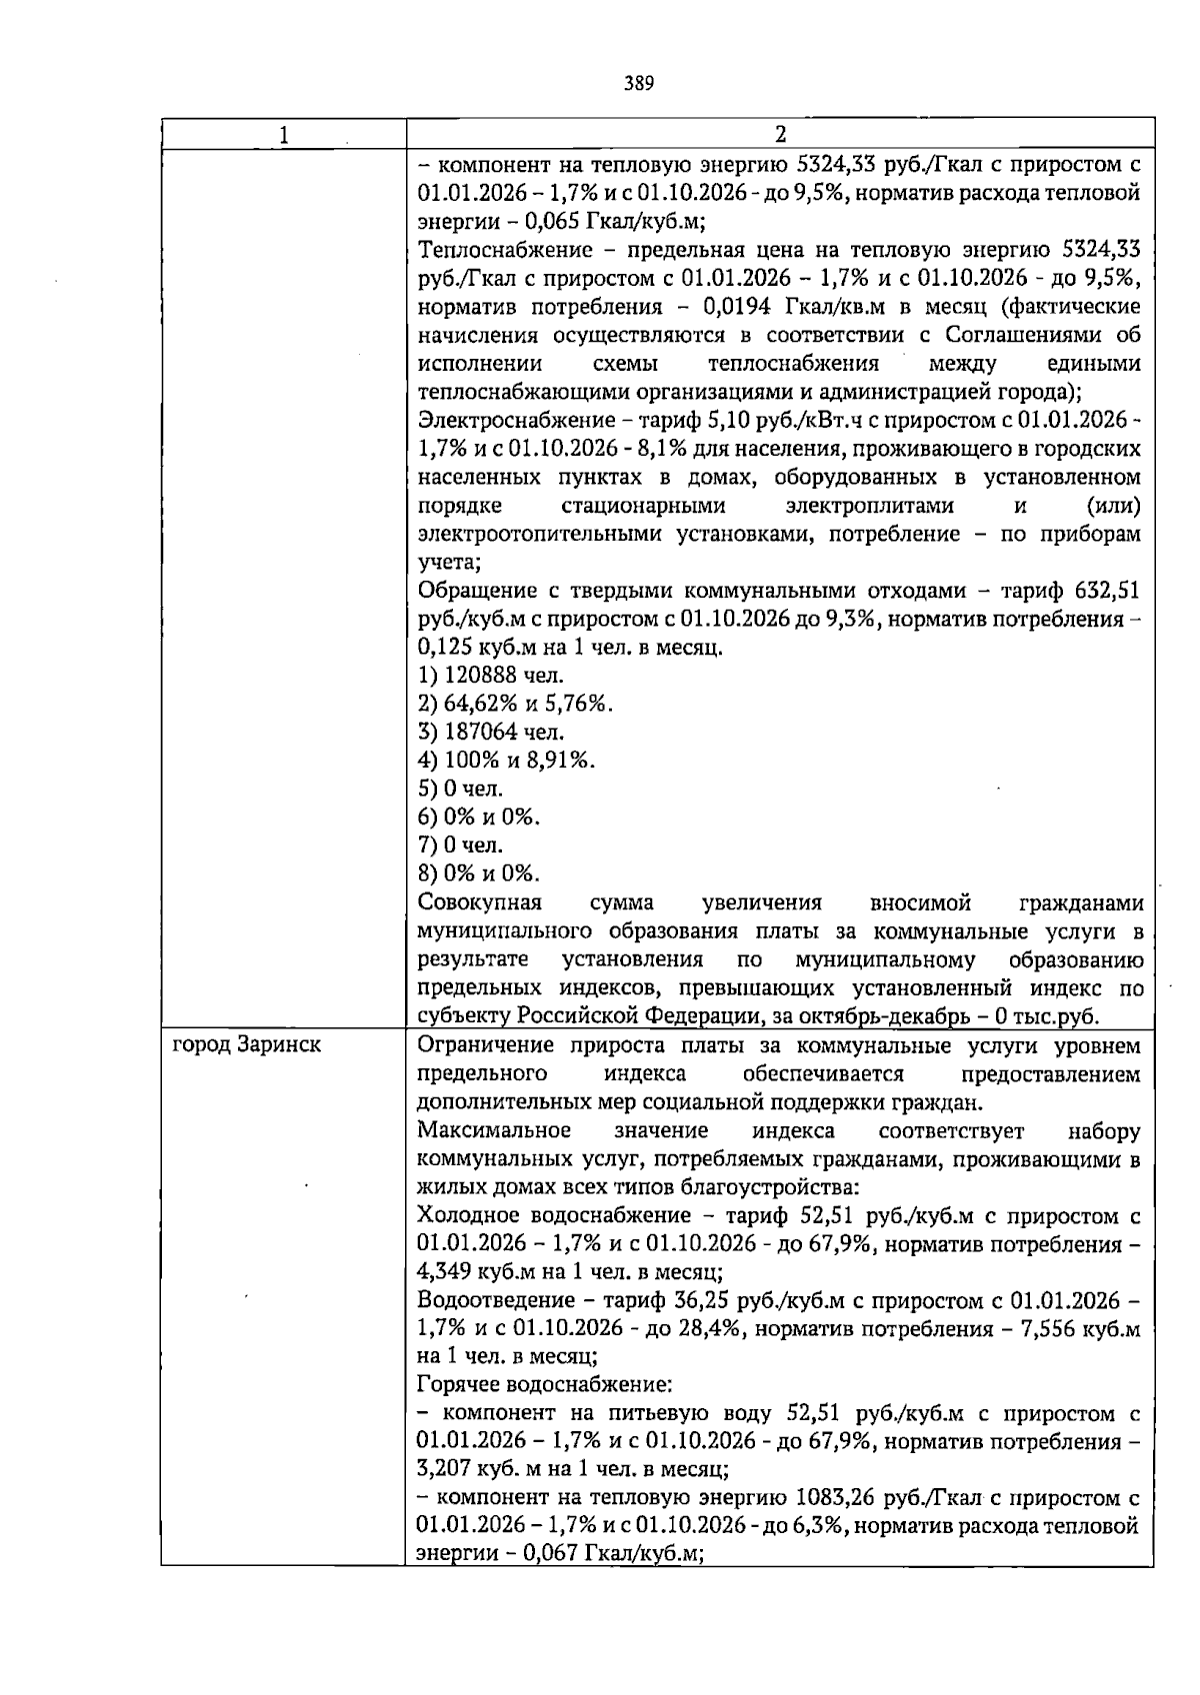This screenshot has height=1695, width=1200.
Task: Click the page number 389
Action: (639, 84)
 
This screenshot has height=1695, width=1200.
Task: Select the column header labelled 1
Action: (284, 134)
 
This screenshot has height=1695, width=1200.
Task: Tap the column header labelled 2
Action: (780, 134)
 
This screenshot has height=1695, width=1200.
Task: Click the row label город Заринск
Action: (247, 1045)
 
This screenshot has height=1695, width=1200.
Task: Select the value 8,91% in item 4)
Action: (560, 761)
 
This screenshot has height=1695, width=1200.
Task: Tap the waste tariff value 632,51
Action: (1107, 591)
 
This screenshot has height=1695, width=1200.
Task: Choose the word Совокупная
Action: (479, 903)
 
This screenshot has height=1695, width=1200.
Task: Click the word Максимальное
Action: (494, 1131)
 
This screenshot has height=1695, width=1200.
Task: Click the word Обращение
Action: (473, 591)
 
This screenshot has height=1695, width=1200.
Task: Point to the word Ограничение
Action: (486, 1046)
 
